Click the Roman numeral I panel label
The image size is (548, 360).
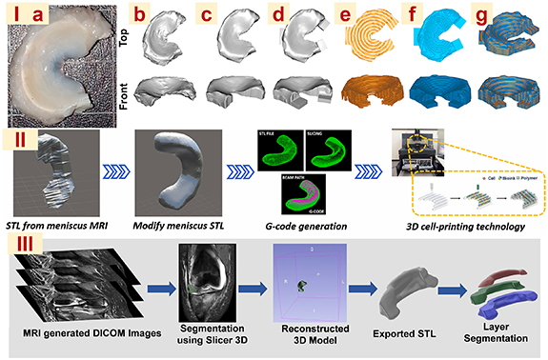13,16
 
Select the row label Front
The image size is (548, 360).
122,94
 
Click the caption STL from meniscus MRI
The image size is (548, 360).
60,224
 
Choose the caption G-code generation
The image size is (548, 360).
307,224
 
